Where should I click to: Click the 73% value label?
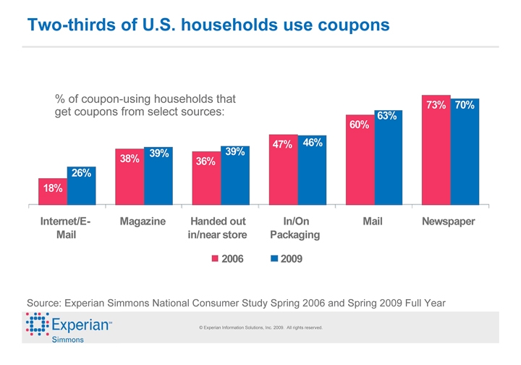[x=436, y=106]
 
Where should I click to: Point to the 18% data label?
[x=52, y=188]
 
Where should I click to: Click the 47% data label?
[x=282, y=145]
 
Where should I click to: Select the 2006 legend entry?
[x=226, y=259]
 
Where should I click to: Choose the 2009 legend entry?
[x=287, y=259]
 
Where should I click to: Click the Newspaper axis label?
[x=448, y=221]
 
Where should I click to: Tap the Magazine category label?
[x=143, y=221]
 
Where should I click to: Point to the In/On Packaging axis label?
[x=294, y=227]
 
